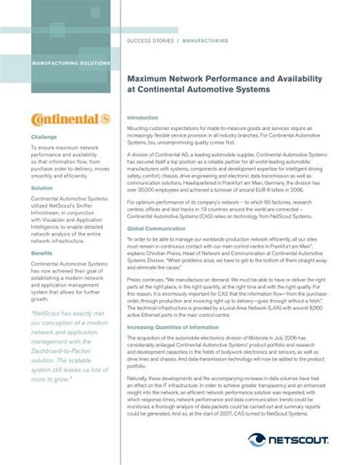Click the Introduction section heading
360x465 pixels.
tap(142, 118)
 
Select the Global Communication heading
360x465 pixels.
tap(155, 207)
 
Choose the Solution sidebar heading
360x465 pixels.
tap(43, 188)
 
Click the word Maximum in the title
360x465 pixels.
tap(148, 79)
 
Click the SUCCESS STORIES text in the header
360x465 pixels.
tap(150, 40)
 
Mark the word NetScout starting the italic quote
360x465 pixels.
tap(50, 292)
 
